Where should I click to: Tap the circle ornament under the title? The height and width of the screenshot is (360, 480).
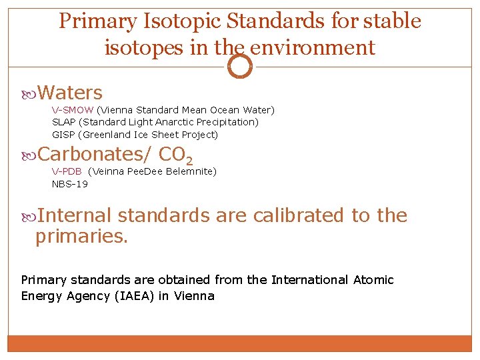click(240, 66)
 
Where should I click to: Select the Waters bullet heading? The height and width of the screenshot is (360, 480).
click(70, 93)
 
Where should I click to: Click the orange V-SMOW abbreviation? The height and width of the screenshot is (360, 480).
click(73, 110)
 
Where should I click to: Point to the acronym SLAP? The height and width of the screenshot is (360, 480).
click(63, 122)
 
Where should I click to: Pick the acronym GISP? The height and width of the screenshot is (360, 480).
click(63, 135)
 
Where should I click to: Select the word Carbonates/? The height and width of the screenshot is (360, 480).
click(95, 154)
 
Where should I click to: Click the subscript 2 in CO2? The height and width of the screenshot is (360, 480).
click(189, 161)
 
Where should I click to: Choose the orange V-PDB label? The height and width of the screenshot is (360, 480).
click(67, 171)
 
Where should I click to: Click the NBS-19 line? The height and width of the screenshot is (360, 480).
click(70, 184)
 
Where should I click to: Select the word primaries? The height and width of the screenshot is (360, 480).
click(81, 235)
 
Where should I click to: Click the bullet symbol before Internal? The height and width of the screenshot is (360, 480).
click(28, 216)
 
